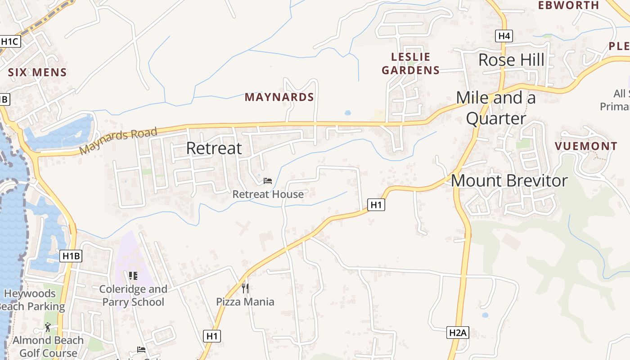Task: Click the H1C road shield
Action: (x=10, y=42)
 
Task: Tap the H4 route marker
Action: (x=504, y=36)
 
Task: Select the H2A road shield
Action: (x=459, y=333)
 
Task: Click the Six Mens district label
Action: (x=37, y=72)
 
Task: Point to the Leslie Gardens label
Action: (x=410, y=63)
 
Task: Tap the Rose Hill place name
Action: (x=511, y=60)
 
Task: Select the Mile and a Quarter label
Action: (x=496, y=108)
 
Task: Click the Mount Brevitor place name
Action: (x=509, y=180)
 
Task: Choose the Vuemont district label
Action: (x=586, y=146)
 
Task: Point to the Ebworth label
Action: (x=569, y=5)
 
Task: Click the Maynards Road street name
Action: (x=118, y=141)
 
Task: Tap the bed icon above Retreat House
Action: (x=268, y=181)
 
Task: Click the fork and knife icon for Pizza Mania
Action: (x=245, y=288)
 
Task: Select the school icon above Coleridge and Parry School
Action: (x=133, y=275)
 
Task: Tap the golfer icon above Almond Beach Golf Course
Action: (x=48, y=327)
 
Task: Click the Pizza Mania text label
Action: (x=245, y=301)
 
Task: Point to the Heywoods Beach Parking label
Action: (x=31, y=300)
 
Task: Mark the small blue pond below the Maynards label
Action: (x=347, y=112)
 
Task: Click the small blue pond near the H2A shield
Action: (x=485, y=315)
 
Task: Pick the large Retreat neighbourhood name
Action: (x=214, y=148)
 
